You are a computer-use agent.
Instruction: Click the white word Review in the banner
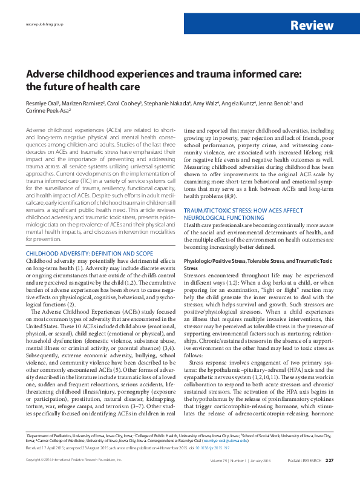pyautogui.click(x=312, y=25)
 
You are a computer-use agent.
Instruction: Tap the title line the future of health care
pyautogui.click(x=82, y=87)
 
